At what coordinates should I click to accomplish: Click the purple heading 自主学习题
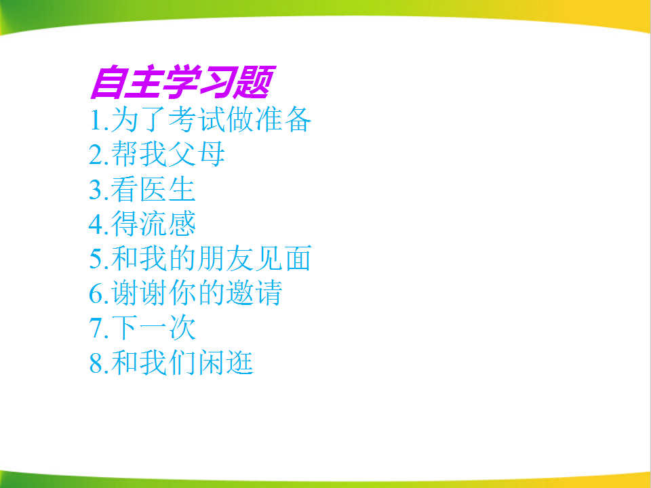tap(182, 82)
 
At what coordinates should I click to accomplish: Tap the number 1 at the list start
tap(96, 119)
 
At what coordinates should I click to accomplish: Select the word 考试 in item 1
tap(197, 119)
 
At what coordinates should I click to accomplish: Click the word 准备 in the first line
tap(283, 119)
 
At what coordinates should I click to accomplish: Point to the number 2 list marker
tap(96, 155)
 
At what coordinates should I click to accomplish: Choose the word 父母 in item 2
tap(197, 155)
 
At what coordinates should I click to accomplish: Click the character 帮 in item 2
tap(125, 155)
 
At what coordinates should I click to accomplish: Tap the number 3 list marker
tap(96, 189)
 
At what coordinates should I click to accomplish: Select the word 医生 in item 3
tap(167, 189)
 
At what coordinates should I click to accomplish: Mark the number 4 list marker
tap(96, 224)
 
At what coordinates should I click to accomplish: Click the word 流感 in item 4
tap(167, 224)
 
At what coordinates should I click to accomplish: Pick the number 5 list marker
tap(96, 258)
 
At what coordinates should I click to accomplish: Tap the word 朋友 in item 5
tap(225, 258)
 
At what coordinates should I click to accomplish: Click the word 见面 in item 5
tap(283, 258)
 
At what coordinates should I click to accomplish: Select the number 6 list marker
tap(96, 293)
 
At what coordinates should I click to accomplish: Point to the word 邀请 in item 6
tap(254, 293)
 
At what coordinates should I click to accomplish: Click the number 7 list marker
tap(96, 328)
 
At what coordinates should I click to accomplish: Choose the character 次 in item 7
tap(182, 328)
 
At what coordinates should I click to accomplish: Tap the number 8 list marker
tap(96, 363)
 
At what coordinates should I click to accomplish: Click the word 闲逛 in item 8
tap(225, 363)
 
